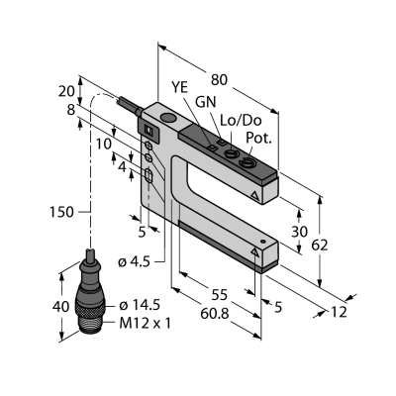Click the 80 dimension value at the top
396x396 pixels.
click(x=220, y=80)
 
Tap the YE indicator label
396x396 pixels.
click(x=179, y=88)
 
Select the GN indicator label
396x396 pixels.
click(x=206, y=102)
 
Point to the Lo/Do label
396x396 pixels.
click(x=241, y=121)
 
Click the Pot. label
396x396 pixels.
click(x=258, y=139)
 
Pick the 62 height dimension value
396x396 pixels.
click(x=320, y=246)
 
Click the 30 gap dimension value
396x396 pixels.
click(x=299, y=232)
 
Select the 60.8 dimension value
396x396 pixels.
click(x=215, y=314)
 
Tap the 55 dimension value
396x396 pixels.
click(x=220, y=295)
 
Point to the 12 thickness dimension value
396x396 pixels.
click(x=339, y=312)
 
